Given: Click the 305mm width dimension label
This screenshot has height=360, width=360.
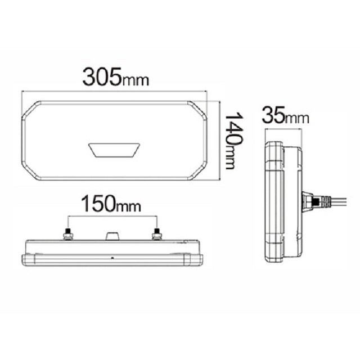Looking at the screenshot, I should tap(116, 78).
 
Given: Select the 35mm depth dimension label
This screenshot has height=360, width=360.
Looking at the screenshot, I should tap(286, 116).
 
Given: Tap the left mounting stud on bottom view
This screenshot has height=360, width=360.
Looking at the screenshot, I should tap(68, 233).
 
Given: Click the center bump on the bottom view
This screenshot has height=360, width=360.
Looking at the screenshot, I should tap(112, 236).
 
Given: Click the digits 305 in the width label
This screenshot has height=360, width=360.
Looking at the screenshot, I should tap(101, 77).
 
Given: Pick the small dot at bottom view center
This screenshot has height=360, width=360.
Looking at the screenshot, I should tap(112, 258).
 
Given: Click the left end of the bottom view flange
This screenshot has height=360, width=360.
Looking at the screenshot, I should tap(24, 259).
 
